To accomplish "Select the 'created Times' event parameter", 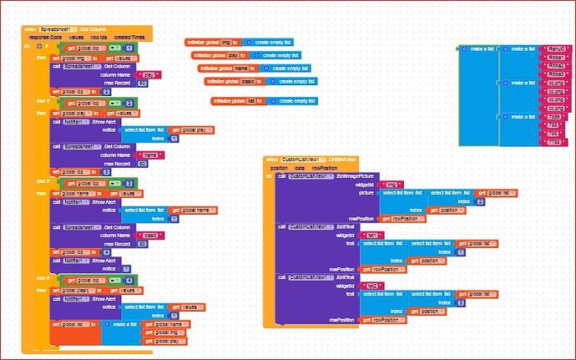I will [129, 37].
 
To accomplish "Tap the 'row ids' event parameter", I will [99, 37].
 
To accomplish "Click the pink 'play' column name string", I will [149, 74].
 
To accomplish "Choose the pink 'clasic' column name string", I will [151, 236].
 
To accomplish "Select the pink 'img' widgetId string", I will [386, 185].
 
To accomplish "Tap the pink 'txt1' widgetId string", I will [373, 235].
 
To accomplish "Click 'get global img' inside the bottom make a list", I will [164, 332].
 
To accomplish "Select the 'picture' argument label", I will [366, 193].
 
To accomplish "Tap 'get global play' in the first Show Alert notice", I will [193, 130].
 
